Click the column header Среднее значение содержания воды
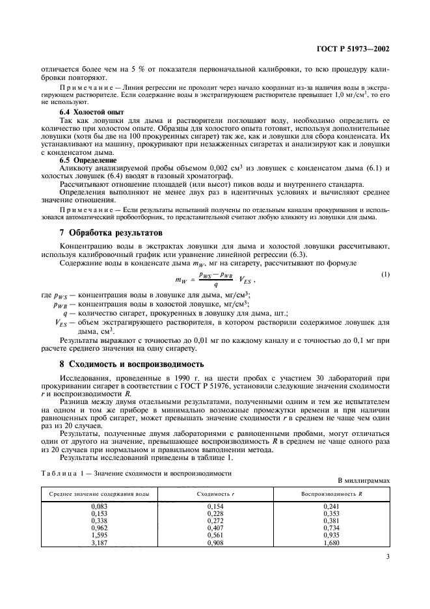[x=90, y=493]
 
